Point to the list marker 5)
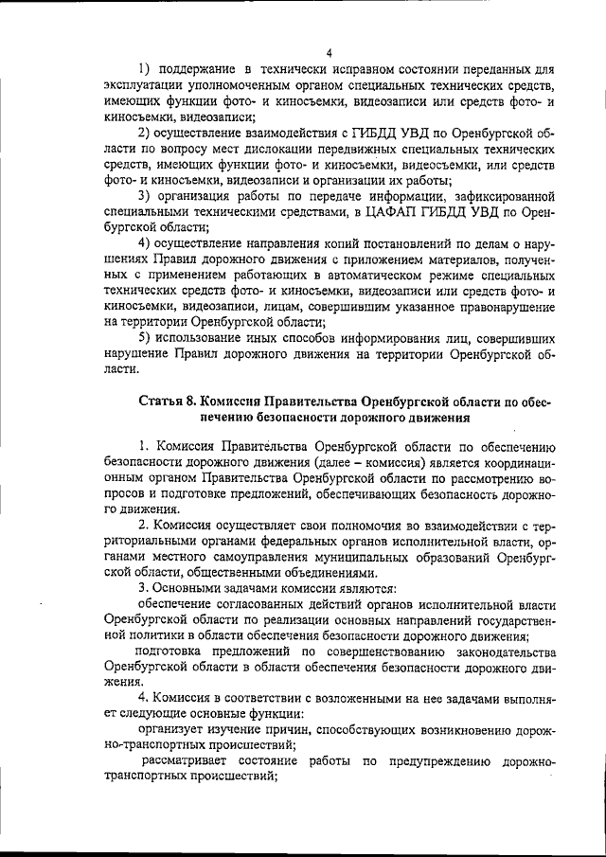(x=145, y=338)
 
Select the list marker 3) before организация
(x=145, y=197)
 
